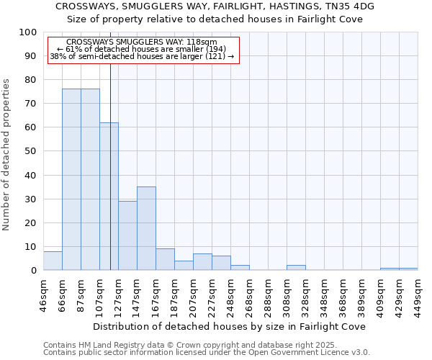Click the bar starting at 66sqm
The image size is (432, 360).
tap(71, 179)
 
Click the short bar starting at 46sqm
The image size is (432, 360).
tap(53, 261)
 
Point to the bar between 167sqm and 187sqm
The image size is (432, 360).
tap(165, 259)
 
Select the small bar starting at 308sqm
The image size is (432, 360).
tap(296, 268)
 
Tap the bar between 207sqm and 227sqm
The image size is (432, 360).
tap(202, 262)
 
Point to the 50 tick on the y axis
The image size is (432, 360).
tap(31, 151)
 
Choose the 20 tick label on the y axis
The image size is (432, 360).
tap(31, 222)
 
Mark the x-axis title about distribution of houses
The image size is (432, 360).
tap(230, 326)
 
